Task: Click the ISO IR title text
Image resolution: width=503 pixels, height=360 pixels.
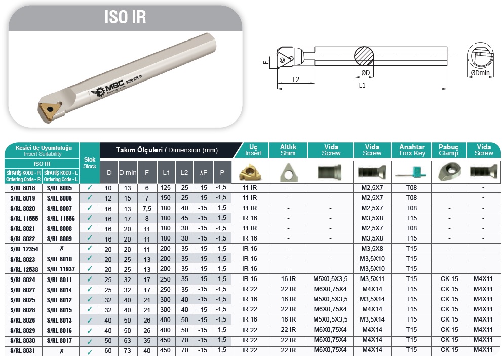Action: point(125,17)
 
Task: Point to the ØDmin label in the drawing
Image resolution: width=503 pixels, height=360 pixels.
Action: point(480,73)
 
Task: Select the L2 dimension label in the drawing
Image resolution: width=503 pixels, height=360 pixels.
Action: point(296,79)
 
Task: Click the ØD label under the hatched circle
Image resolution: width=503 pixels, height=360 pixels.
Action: point(365,73)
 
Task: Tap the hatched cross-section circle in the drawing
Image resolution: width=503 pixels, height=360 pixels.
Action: point(364,56)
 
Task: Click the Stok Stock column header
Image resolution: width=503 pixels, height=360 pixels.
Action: point(90,163)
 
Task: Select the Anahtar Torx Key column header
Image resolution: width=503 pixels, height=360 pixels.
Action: point(412,150)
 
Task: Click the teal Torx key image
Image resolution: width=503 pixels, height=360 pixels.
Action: point(412,172)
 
